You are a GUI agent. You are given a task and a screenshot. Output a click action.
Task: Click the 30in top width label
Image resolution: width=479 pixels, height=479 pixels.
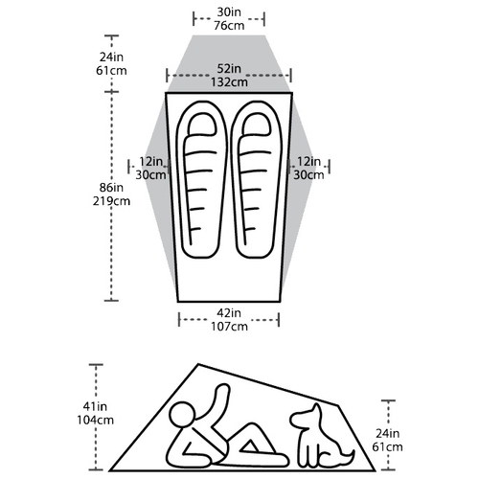[229, 12]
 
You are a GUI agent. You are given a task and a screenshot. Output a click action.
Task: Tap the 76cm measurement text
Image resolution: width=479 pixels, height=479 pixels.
[229, 26]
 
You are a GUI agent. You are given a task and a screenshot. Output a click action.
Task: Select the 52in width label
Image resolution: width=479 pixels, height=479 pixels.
[229, 69]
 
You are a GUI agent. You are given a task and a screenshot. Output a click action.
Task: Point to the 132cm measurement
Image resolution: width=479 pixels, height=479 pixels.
[229, 82]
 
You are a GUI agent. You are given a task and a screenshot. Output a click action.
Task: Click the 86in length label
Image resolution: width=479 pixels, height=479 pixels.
[111, 188]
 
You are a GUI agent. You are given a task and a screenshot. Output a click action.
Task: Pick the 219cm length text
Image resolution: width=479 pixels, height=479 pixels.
[111, 201]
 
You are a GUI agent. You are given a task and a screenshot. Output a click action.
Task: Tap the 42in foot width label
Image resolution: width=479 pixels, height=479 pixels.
[229, 313]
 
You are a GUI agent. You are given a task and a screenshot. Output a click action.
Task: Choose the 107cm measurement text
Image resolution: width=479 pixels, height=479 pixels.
[229, 327]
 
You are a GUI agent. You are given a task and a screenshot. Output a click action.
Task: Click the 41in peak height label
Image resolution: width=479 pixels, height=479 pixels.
[95, 406]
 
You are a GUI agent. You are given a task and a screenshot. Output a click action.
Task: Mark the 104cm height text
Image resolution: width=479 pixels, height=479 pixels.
[95, 421]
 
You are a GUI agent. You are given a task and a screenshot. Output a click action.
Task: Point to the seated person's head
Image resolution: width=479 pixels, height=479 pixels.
[182, 416]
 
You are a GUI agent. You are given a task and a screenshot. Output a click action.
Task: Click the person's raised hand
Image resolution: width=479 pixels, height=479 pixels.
[222, 390]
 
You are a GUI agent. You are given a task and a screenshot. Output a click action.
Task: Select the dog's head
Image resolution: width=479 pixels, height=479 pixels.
[306, 416]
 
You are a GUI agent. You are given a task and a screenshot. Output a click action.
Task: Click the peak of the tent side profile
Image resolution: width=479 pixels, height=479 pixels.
[198, 364]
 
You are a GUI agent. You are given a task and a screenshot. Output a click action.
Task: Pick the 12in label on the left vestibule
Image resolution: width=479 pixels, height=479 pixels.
[150, 162]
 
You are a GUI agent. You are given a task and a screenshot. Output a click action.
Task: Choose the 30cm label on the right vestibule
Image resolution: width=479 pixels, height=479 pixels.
[308, 175]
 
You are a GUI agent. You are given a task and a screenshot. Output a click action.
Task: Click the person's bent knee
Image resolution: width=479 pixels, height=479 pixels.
[253, 426]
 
